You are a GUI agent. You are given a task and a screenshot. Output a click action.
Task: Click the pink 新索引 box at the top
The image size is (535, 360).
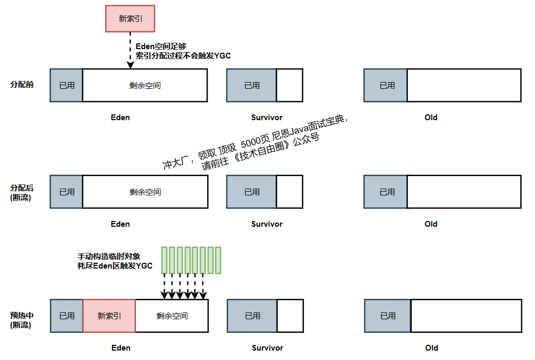pos(130,19)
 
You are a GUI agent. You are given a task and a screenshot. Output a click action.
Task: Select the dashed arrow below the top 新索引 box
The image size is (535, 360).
pos(130,50)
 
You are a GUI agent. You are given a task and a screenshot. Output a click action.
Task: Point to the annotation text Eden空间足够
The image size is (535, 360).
pos(161,46)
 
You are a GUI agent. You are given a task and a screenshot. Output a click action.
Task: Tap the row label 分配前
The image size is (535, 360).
pos(22,85)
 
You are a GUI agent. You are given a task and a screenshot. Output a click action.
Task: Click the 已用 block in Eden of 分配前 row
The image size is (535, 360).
pos(66,85)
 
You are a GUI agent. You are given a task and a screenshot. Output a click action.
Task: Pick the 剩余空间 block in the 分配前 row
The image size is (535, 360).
pos(145,85)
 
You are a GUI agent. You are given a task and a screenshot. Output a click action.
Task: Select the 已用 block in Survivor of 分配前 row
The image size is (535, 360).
pos(252,85)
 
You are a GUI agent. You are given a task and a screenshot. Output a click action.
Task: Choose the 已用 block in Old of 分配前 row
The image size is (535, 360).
pos(386,85)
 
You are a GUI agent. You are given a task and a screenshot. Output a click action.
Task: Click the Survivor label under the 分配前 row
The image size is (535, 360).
pos(267,118)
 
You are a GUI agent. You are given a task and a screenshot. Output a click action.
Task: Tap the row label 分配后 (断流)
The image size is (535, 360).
pos(22,192)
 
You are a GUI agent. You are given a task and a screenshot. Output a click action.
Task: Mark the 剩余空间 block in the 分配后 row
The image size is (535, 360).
pos(145,192)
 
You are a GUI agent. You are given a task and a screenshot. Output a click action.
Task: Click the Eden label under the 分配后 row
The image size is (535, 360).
pos(120,224)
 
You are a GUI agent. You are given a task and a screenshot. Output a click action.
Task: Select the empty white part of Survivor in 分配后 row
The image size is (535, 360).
pos(289,192)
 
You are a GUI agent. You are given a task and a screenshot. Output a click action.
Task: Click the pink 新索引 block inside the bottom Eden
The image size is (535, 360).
pos(109,316)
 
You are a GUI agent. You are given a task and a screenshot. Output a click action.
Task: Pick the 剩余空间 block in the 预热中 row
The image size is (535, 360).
pos(172,316)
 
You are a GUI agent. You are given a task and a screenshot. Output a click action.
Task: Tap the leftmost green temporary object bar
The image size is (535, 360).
pos(164,260)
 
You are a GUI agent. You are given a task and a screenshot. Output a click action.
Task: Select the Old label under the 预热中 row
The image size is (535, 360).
pos(431,348)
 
